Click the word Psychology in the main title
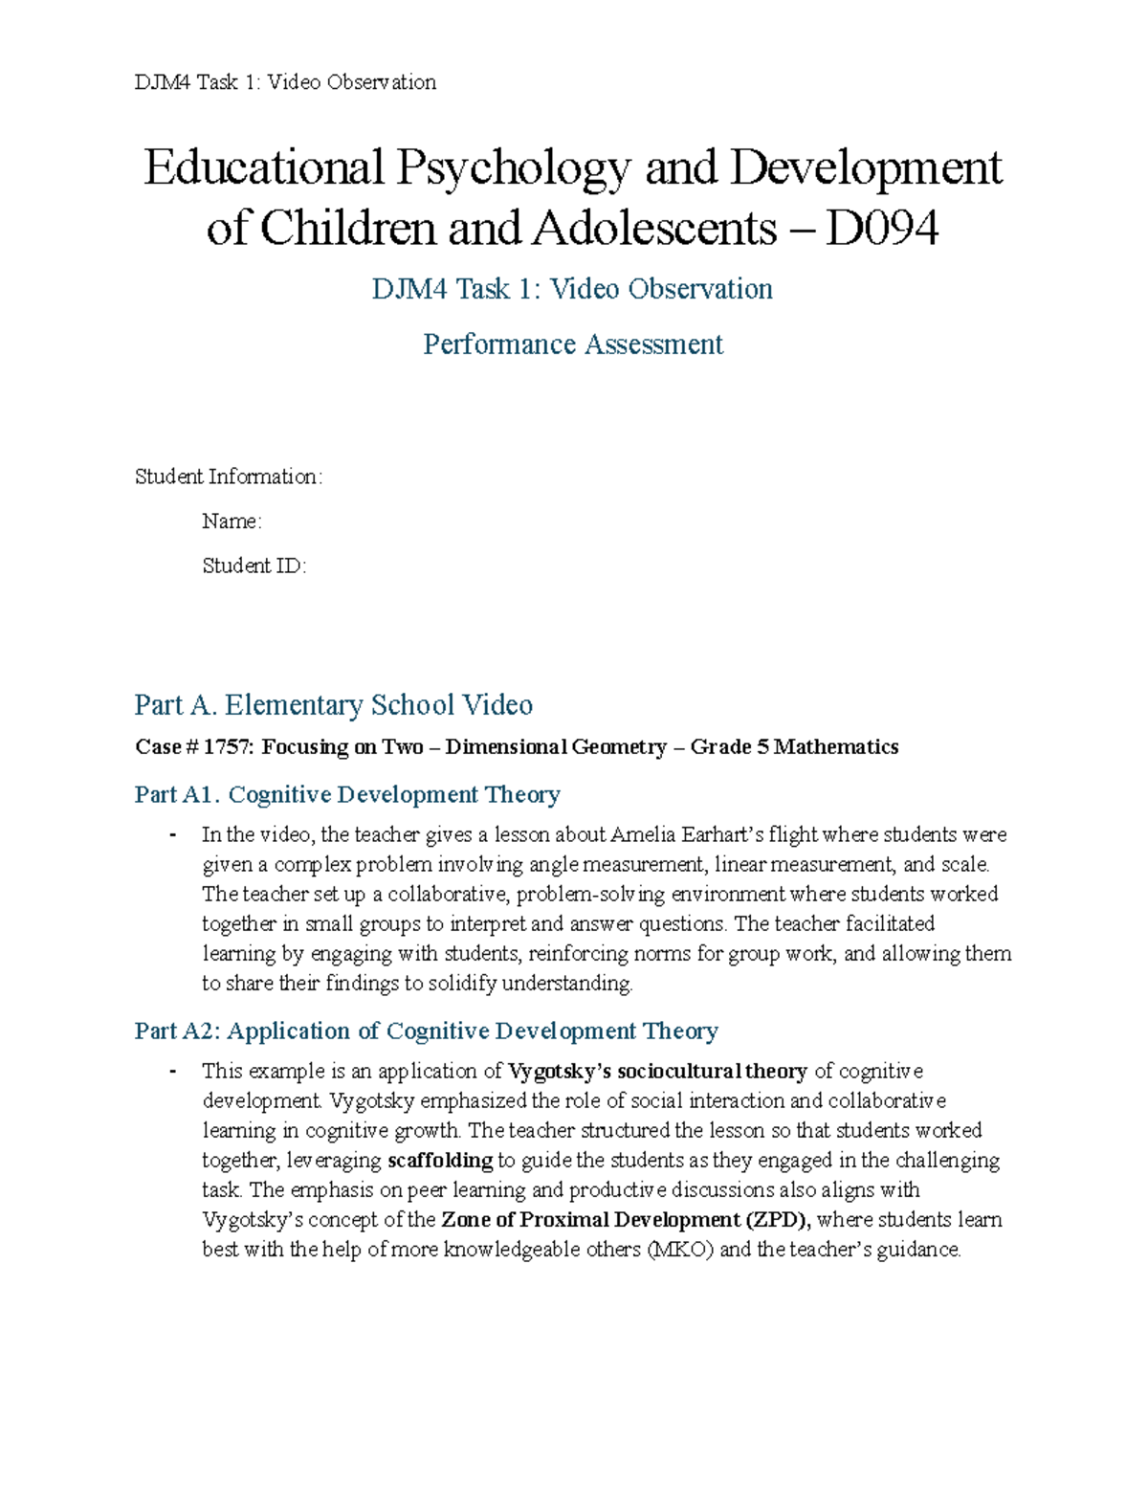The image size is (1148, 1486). tap(514, 169)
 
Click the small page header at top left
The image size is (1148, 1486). tap(285, 82)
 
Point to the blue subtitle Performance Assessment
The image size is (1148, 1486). tap(572, 344)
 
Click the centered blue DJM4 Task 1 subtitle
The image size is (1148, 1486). tap(572, 289)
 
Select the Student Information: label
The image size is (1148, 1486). tap(229, 477)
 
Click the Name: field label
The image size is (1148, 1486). tap(232, 521)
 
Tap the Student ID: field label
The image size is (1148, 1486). tap(254, 566)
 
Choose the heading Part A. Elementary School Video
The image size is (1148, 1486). tap(333, 705)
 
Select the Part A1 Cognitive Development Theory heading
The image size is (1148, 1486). tap(347, 795)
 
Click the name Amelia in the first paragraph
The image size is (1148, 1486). tap(644, 835)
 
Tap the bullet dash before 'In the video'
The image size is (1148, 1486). tap(172, 835)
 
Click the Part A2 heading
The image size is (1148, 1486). tap(426, 1031)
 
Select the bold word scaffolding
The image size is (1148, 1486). tap(440, 1162)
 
